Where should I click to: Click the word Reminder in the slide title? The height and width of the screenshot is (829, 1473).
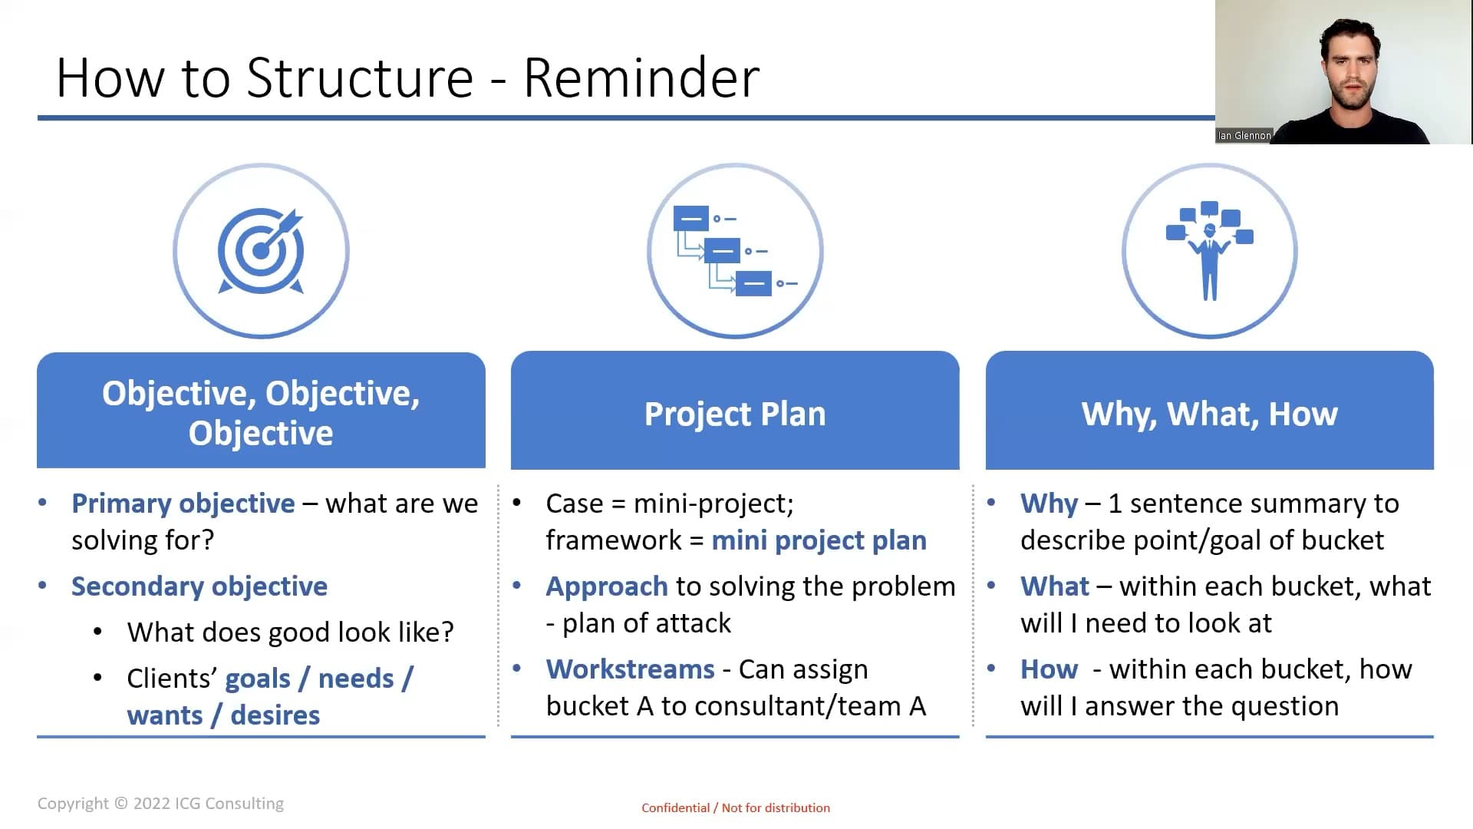641,78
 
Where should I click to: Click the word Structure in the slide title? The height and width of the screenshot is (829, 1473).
360,78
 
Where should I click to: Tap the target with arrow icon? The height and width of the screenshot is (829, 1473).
261,251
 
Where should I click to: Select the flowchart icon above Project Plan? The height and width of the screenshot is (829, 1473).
735,251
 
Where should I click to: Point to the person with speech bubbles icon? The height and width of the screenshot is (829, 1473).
1210,250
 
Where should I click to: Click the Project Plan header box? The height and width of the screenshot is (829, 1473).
735,411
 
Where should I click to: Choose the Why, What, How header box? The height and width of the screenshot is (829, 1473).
1210,411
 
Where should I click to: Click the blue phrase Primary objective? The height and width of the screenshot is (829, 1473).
183,504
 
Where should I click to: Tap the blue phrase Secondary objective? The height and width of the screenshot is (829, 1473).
199,586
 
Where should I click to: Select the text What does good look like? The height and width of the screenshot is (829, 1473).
291,632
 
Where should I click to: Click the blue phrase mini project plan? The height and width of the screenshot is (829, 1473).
819,540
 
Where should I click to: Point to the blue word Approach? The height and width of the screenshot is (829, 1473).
607,586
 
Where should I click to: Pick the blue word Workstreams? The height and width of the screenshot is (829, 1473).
631,669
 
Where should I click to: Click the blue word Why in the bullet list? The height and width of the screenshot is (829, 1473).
1050,504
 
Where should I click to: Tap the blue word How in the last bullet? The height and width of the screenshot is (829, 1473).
1050,669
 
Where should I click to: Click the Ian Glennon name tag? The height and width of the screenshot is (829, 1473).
1244,136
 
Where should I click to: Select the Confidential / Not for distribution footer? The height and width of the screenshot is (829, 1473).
736,808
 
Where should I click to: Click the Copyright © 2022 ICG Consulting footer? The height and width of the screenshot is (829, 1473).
160,804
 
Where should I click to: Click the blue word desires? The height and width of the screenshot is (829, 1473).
275,715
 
